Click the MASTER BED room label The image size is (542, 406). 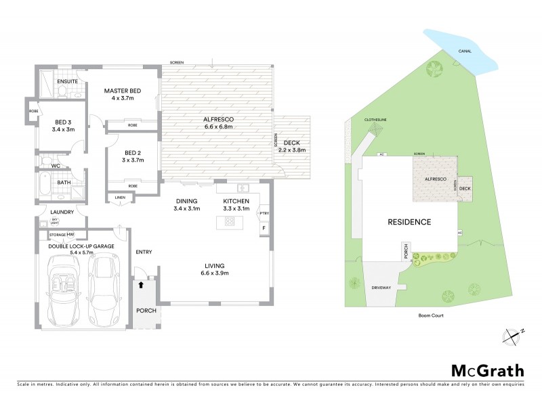[x=121, y=91]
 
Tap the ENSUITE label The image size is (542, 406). [x=68, y=81]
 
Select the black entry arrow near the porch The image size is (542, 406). [x=141, y=286]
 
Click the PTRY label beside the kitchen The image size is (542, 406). [x=264, y=215]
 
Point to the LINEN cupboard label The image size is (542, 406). [x=120, y=198]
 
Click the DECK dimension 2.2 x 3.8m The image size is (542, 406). [x=292, y=150]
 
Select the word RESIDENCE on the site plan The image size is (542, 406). [x=410, y=222]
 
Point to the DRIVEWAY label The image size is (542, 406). [x=381, y=288]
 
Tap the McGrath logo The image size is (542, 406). [x=487, y=371]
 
